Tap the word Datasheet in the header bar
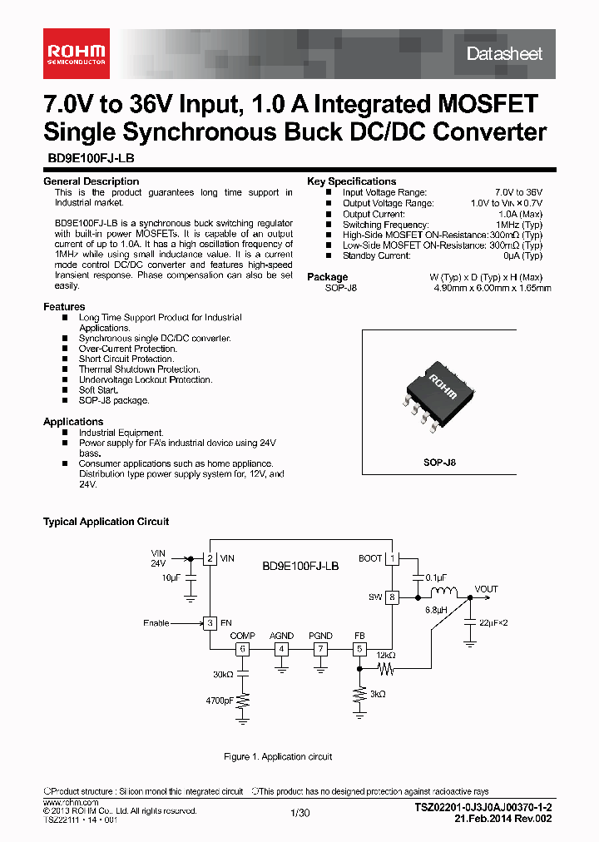click(x=504, y=54)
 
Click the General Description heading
click(x=91, y=181)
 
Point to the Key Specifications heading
click(x=351, y=181)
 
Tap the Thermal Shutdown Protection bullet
click(x=139, y=369)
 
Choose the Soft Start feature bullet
click(x=98, y=390)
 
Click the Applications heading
click(x=73, y=422)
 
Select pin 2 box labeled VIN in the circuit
click(x=210, y=558)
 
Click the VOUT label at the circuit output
click(x=486, y=589)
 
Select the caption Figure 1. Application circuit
click(x=278, y=756)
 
